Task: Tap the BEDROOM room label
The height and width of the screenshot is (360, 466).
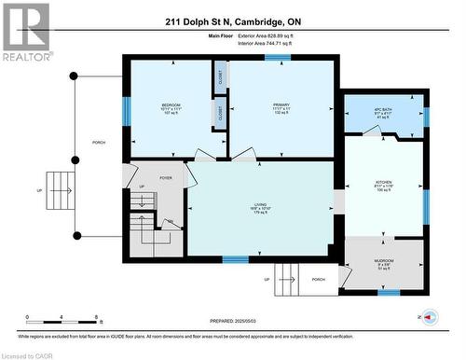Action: [171, 104]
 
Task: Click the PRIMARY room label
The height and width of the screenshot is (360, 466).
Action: [281, 104]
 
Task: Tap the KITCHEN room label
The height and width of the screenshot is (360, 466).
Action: [383, 184]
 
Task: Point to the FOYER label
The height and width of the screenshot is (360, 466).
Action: [166, 177]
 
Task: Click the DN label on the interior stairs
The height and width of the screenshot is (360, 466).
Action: [170, 222]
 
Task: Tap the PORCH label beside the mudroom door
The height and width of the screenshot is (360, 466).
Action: [319, 279]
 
